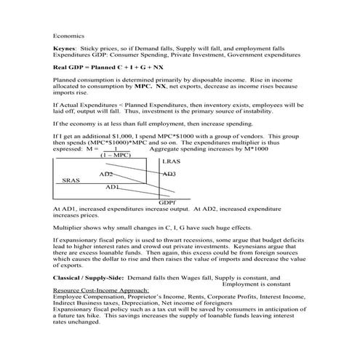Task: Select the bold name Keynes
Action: click(x=63, y=47)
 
